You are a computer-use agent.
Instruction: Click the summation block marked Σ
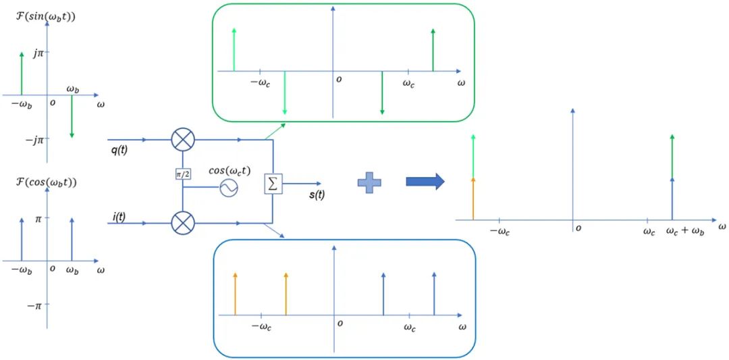272,183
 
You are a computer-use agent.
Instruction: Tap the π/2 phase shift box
182,174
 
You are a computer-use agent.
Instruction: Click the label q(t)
120,151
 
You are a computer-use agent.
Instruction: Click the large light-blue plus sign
369,182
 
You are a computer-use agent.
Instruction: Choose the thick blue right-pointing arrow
425,182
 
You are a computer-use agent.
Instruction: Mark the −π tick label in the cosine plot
34,305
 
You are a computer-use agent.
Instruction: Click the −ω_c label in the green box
261,83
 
